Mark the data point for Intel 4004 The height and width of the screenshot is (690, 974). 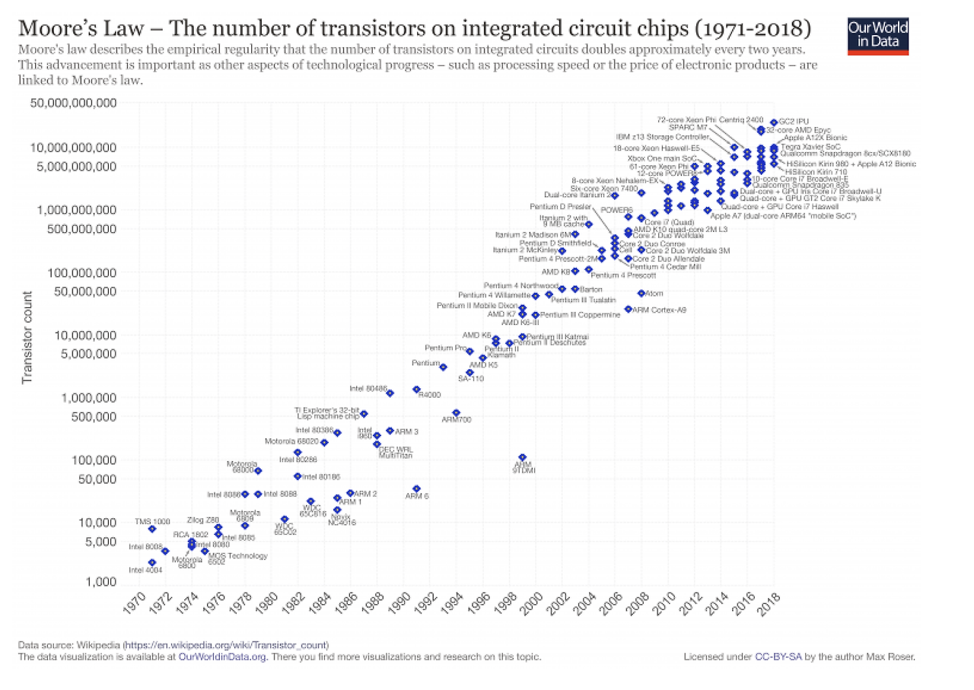pos(152,562)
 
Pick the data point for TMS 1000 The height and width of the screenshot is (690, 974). pos(152,529)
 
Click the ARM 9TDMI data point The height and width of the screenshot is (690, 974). pos(522,457)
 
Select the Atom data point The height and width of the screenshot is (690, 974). pos(641,293)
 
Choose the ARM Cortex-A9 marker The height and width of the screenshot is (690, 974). pos(628,309)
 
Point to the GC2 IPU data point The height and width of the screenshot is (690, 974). pos(774,122)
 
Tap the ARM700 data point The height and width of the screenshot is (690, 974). pos(456,412)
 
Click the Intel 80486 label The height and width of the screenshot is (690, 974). pos(368,388)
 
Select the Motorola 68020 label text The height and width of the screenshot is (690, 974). pos(291,441)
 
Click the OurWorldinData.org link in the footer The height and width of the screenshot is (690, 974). pos(222,656)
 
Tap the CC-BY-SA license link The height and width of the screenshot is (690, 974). pos(775,656)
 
